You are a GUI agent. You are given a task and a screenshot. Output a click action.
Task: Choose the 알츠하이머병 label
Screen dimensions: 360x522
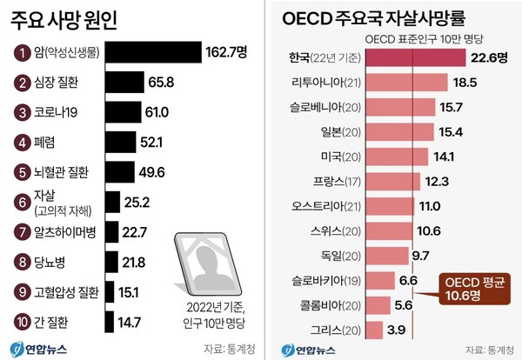[64, 233]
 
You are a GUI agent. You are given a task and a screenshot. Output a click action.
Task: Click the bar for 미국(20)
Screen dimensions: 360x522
[397, 157]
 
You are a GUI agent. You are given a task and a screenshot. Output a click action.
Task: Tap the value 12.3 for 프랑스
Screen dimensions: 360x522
[438, 181]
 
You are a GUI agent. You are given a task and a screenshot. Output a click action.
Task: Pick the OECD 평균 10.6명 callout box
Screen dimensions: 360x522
[471, 290]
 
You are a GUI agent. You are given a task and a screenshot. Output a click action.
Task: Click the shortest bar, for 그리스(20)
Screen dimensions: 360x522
[374, 330]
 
